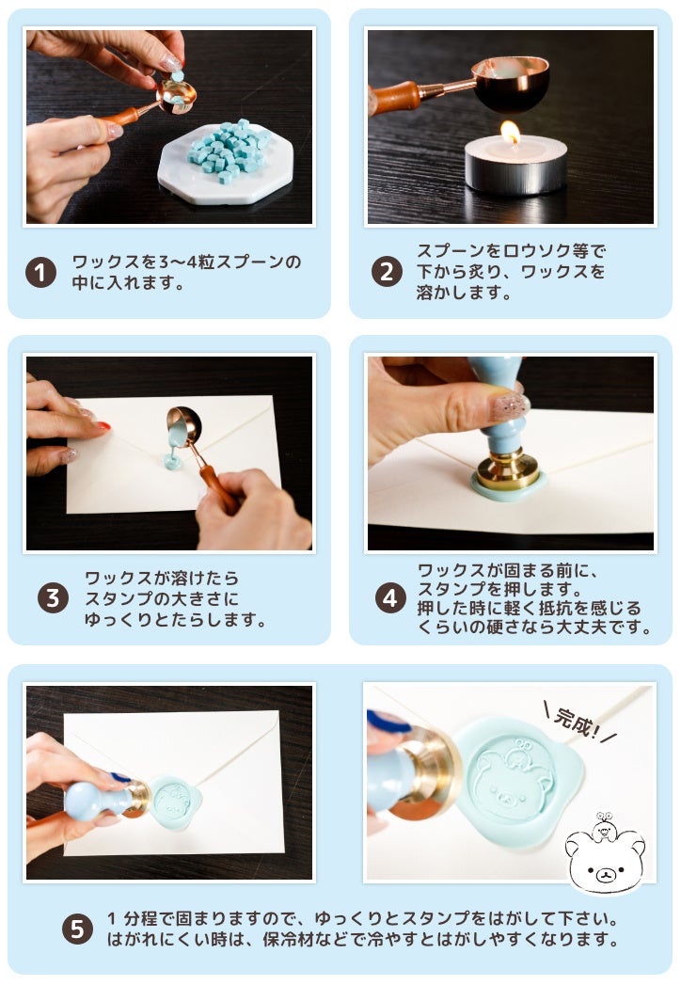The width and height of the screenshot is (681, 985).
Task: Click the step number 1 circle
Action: click(40, 272)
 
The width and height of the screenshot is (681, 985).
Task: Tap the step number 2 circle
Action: click(387, 271)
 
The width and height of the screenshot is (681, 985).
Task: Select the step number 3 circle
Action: click(53, 598)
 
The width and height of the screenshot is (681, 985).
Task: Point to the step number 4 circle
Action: click(390, 598)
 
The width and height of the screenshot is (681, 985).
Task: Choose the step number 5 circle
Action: click(77, 929)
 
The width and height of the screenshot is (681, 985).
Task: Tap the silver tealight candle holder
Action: click(515, 166)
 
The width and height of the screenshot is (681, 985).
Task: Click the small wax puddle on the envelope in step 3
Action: click(173, 463)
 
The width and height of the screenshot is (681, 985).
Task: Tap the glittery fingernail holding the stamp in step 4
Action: click(510, 406)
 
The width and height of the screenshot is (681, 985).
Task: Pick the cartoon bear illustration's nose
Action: click(605, 872)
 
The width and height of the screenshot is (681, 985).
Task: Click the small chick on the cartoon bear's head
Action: click(604, 827)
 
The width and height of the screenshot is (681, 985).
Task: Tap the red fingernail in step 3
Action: click(103, 425)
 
